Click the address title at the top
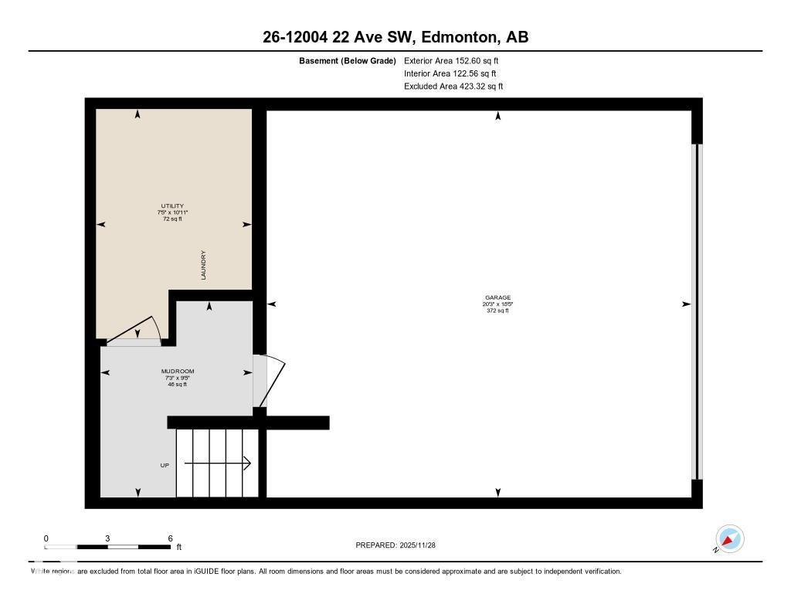pos(395,37)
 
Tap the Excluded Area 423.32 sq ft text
pos(453,87)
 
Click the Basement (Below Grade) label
pos(347,60)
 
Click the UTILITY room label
pos(172,206)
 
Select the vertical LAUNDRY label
pos(204,265)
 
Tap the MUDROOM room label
pos(178,372)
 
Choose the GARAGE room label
pos(497,297)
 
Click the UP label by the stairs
pos(165,465)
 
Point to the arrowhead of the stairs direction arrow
pos(247,463)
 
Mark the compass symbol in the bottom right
pos(729,538)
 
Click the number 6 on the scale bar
pos(170,538)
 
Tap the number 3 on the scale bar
pos(107,538)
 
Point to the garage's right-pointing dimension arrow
pos(686,304)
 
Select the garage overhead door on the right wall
pos(697,311)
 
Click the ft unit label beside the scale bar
pos(178,548)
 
